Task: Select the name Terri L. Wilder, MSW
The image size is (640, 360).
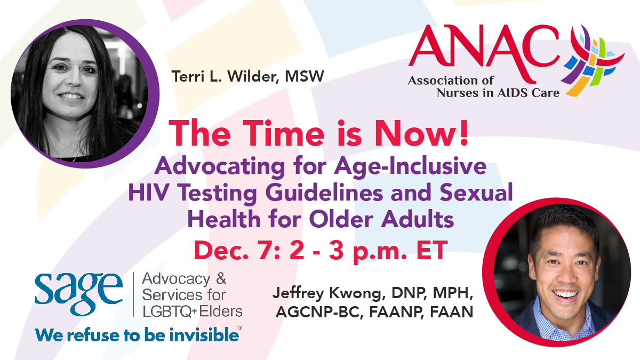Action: pos(247,76)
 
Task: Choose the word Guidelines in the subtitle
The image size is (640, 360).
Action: pos(342,194)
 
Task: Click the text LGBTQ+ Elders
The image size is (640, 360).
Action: pos(192,311)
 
